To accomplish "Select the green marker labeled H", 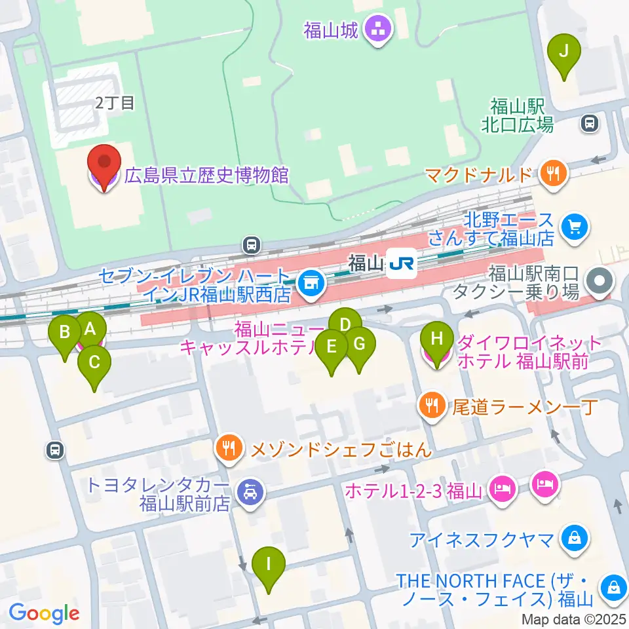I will [x=437, y=341].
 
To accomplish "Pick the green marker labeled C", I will [x=94, y=364].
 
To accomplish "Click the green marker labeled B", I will [x=65, y=334].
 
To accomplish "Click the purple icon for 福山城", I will [x=378, y=29].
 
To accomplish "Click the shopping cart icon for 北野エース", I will [x=575, y=227].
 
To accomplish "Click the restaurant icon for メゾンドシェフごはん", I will [x=229, y=449].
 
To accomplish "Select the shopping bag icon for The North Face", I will [x=614, y=585].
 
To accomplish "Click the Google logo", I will [x=45, y=613].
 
